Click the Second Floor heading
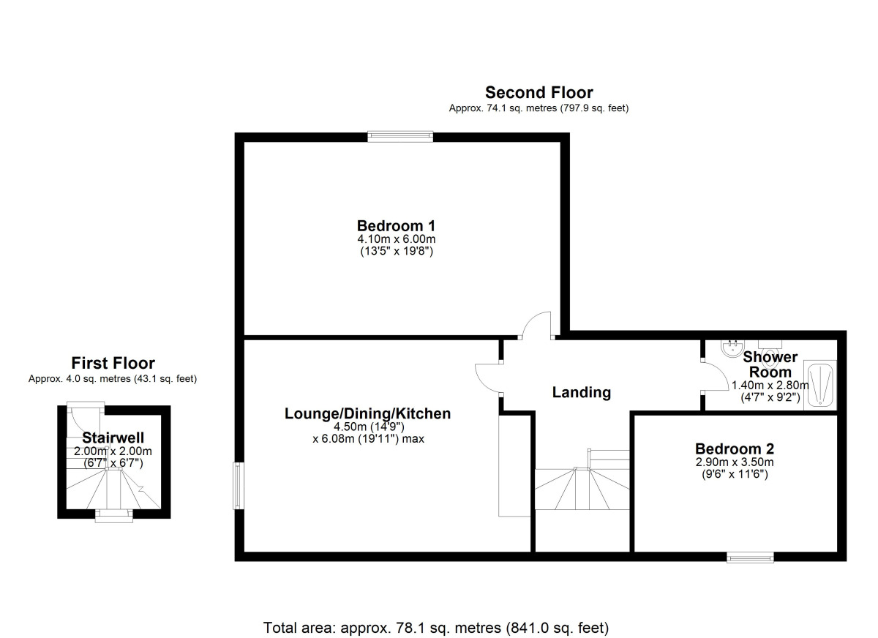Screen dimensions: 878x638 (539, 93)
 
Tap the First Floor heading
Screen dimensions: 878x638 (113, 364)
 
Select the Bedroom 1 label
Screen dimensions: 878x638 (396, 226)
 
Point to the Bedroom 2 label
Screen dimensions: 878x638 (735, 449)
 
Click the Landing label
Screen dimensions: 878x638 (581, 392)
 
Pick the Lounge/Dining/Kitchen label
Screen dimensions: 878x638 (367, 413)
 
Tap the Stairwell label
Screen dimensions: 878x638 (113, 438)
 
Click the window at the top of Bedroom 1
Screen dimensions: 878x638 (400, 136)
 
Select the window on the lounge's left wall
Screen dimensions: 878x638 (239, 486)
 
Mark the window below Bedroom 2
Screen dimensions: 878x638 (750, 558)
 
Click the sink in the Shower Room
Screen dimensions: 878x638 (732, 348)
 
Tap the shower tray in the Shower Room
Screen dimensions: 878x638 (820, 386)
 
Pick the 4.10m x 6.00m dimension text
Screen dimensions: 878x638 (397, 239)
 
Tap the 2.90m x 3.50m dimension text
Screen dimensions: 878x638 (735, 462)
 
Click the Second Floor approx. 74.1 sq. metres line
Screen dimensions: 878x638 (539, 108)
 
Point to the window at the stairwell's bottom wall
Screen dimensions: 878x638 (114, 516)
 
